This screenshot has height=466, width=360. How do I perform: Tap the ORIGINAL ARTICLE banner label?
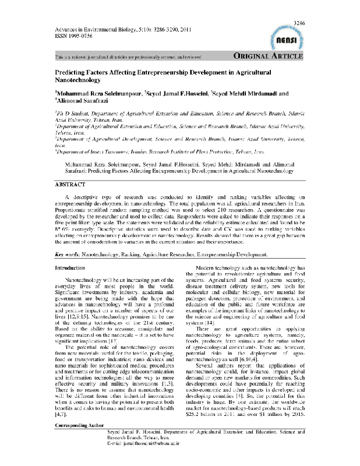click(x=267, y=57)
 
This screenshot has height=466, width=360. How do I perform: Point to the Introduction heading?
click(x=70, y=268)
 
